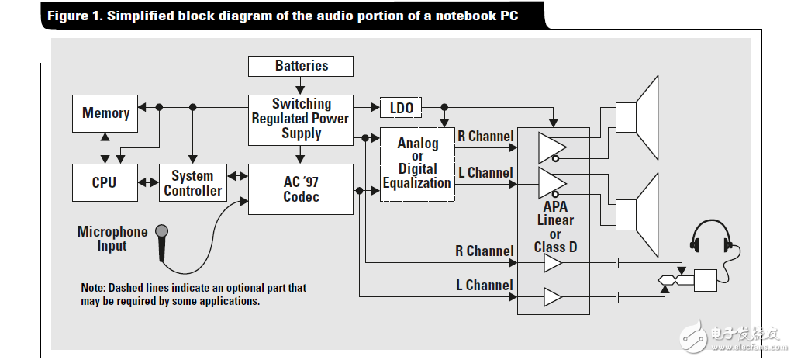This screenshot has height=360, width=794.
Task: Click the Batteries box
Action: (x=301, y=66)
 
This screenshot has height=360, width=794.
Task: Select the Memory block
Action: (x=105, y=113)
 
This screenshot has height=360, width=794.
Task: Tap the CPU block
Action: (x=104, y=182)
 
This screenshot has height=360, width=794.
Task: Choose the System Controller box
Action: (x=193, y=183)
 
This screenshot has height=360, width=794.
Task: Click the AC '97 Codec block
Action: (x=300, y=189)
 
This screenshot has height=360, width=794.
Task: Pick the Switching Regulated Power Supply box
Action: (x=301, y=119)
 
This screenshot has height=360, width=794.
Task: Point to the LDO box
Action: (x=401, y=108)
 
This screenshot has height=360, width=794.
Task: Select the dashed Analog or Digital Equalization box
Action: (x=417, y=164)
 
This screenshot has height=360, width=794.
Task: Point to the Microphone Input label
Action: (x=112, y=239)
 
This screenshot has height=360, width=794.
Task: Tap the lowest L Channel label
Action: (x=484, y=286)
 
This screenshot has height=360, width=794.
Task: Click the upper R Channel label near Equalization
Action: (x=485, y=137)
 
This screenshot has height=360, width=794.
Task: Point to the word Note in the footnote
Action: (x=94, y=288)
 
